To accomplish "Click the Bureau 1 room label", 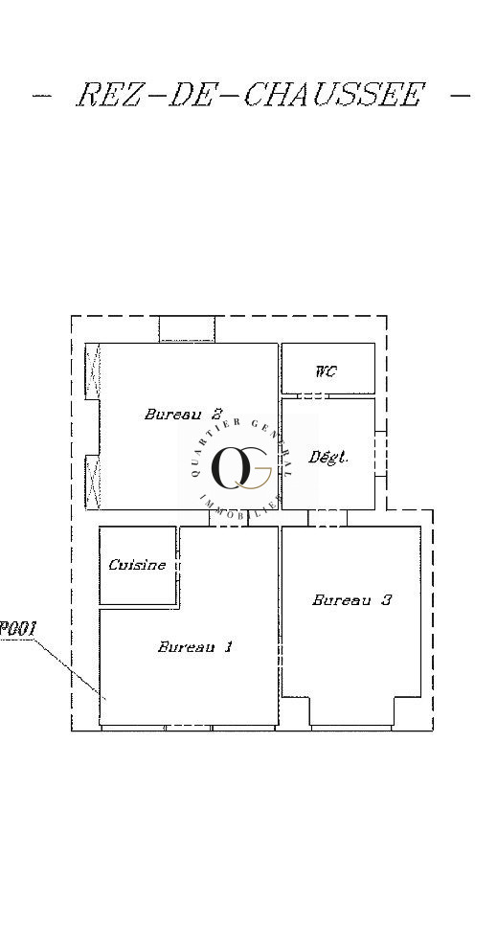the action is [195, 647].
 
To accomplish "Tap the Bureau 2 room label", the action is [184, 415].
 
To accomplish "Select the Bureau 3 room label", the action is [351, 600].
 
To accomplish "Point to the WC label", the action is [326, 371].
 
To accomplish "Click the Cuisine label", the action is [137, 565].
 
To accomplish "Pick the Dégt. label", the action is [328, 458].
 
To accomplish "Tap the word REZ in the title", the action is [108, 95].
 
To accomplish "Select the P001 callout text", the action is [18, 629].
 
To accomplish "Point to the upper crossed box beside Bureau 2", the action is [93, 371].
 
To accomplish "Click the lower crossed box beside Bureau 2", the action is [93, 483].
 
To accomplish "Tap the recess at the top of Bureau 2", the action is [187, 329].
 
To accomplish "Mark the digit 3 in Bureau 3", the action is [387, 600].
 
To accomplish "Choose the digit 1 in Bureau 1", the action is [228, 647].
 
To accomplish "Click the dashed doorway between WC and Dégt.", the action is [313, 396].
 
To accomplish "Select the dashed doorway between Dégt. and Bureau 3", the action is [328, 518].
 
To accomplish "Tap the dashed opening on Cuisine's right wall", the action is [178, 566].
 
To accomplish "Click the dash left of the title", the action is [42, 95].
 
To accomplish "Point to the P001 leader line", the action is [69, 669].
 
